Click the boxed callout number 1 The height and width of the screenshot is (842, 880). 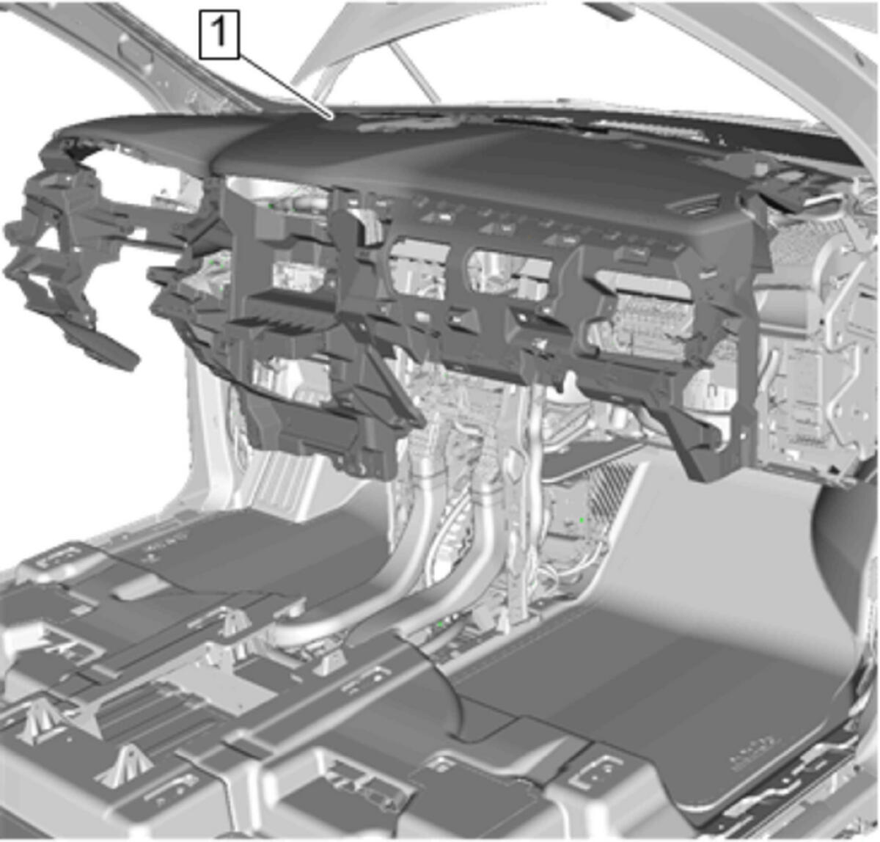point(219,34)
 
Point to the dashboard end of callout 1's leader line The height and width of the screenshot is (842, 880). point(333,119)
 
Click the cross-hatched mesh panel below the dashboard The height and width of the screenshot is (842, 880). point(616,488)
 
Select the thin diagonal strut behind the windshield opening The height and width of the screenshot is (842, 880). point(414,73)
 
